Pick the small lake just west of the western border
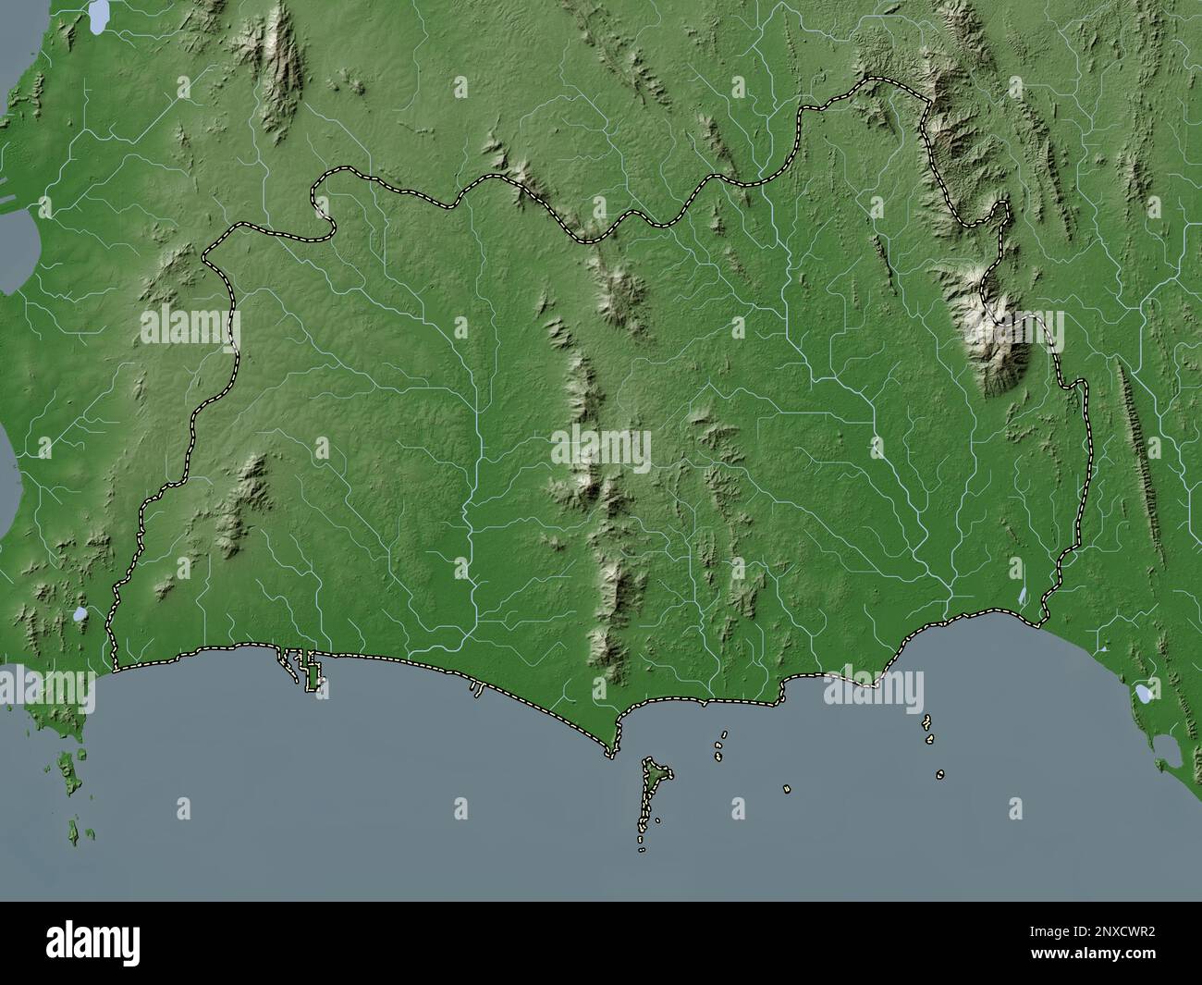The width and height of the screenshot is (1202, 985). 81,613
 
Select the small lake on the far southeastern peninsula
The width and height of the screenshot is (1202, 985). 1144,691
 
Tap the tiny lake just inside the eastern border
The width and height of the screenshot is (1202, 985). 1022,596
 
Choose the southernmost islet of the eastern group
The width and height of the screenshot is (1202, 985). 939,774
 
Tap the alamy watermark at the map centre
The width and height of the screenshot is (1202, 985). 601,452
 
